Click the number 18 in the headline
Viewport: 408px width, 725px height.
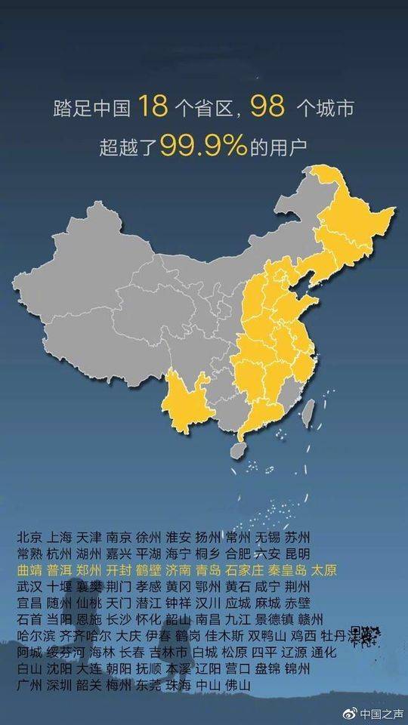click(x=151, y=108)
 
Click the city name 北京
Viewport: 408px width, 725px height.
click(x=28, y=538)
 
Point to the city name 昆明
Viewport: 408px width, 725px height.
click(x=297, y=554)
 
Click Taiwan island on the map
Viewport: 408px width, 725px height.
click(x=308, y=412)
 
